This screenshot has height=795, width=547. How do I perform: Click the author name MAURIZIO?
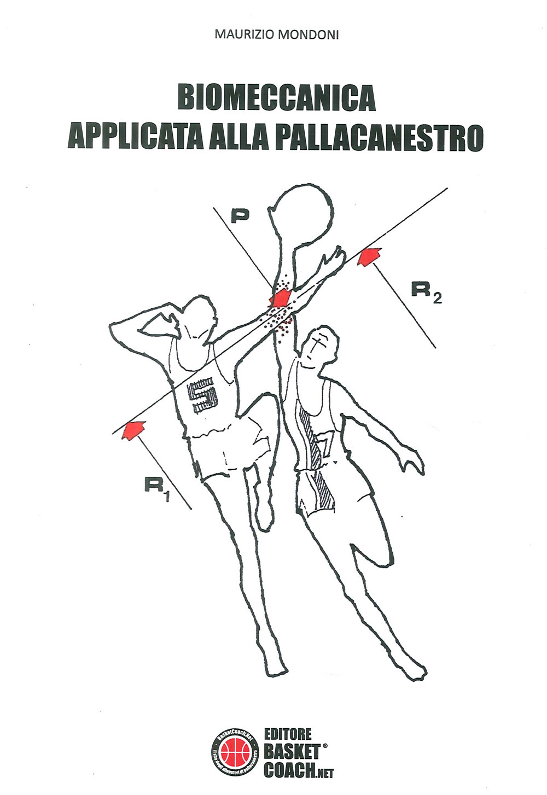245,35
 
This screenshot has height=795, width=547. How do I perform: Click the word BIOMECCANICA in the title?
276,98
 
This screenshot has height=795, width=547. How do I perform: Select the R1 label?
157,487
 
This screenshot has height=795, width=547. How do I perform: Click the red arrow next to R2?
369,255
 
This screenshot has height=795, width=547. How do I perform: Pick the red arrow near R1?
133,429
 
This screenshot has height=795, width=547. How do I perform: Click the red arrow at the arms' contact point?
281,299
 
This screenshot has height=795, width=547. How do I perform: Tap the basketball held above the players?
302,214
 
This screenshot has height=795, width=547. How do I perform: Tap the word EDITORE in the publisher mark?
288,734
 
